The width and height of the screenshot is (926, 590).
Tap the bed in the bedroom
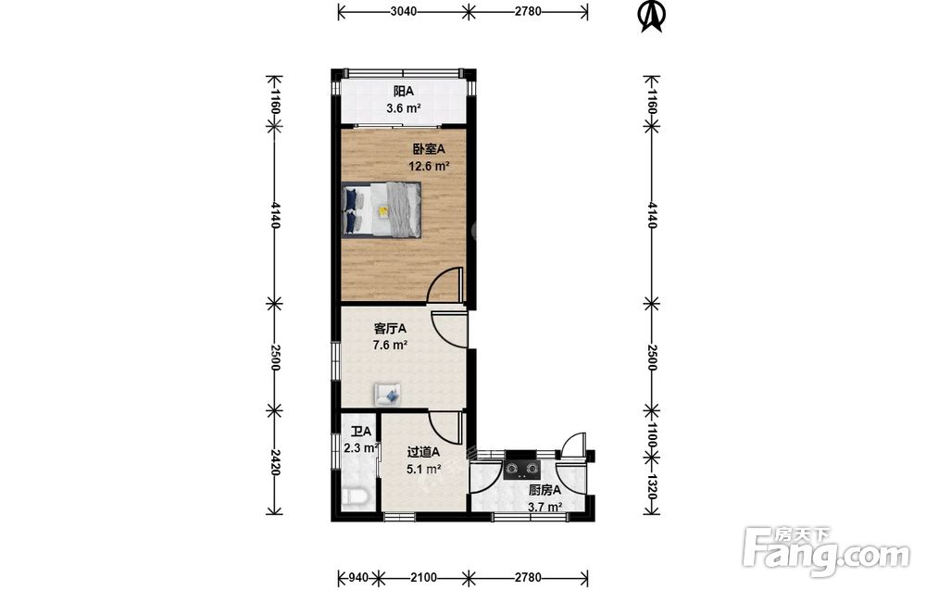click(382, 209)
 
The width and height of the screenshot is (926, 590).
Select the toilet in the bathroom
click(356, 497)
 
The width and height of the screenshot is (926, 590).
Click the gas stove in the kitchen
click(522, 469)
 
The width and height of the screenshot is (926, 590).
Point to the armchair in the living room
click(387, 394)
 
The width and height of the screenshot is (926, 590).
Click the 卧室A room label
click(429, 149)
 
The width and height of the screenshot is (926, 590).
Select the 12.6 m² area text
click(430, 166)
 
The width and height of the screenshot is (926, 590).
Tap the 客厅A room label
click(390, 329)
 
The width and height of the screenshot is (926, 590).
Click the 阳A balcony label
click(404, 92)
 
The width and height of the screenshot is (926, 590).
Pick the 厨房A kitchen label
click(544, 490)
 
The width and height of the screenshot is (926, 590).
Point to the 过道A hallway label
click(423, 452)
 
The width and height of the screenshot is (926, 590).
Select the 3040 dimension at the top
click(404, 11)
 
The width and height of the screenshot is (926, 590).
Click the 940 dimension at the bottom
click(359, 577)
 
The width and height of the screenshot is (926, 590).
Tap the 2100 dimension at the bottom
click(423, 577)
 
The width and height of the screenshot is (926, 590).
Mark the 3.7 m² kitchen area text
click(544, 507)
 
